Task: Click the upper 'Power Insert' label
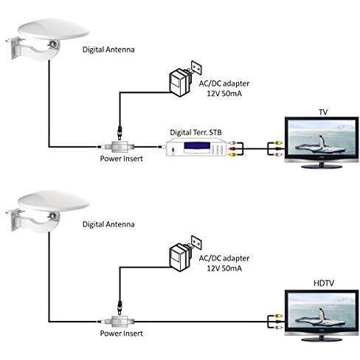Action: (120, 159)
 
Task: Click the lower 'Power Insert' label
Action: (120, 334)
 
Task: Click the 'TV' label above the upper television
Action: (322, 111)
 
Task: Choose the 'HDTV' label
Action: (322, 284)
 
